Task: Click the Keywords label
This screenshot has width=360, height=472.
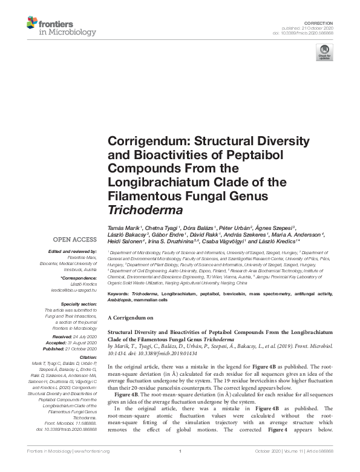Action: coord(120,293)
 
